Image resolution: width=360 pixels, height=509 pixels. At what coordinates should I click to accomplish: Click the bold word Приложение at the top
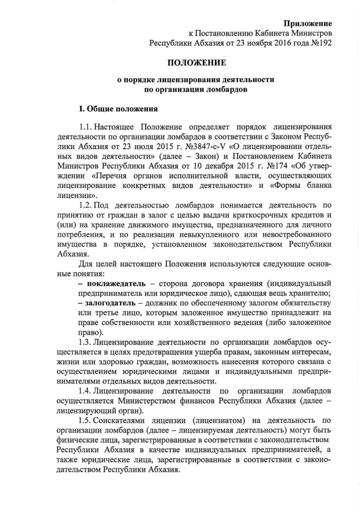(308, 23)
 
